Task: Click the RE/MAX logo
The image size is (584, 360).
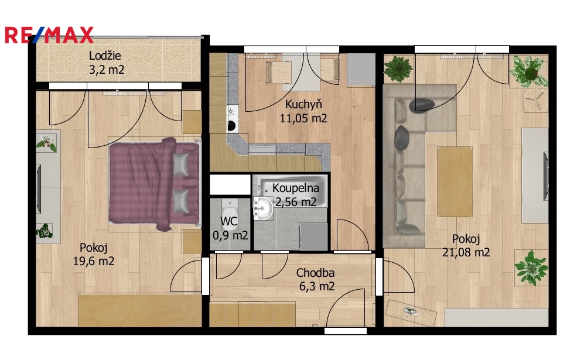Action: click(x=49, y=35)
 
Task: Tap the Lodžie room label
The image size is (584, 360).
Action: click(x=105, y=56)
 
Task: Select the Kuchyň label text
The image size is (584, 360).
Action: click(x=303, y=104)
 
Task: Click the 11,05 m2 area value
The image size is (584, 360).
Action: click(x=303, y=118)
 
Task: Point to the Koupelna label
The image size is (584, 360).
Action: click(x=295, y=188)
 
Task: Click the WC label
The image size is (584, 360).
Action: click(x=228, y=221)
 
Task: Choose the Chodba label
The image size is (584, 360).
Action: click(x=315, y=273)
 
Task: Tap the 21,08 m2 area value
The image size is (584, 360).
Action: click(x=466, y=252)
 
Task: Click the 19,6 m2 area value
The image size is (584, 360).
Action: click(x=94, y=261)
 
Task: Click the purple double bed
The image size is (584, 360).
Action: click(x=154, y=183)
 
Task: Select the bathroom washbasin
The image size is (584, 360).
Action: click(x=264, y=208)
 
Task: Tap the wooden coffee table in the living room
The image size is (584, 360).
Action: click(x=455, y=181)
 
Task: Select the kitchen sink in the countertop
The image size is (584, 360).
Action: click(x=262, y=150)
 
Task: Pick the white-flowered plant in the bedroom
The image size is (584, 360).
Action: click(x=46, y=143)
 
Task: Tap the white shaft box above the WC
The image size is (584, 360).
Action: click(x=230, y=184)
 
